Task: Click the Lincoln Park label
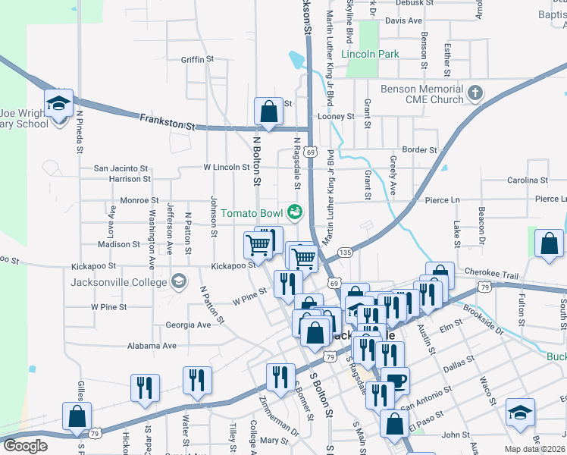tap(369, 55)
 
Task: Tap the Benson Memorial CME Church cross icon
tap(475, 94)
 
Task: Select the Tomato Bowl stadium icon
tap(294, 210)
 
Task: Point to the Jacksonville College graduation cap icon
tap(179, 282)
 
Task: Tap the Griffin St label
tap(198, 58)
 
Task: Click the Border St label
tap(420, 150)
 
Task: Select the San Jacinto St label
tap(121, 168)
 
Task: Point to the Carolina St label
tap(527, 180)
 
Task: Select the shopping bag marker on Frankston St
tap(268, 111)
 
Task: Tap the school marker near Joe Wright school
tap(58, 103)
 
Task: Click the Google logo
tap(25, 446)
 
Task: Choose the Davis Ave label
tap(403, 20)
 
